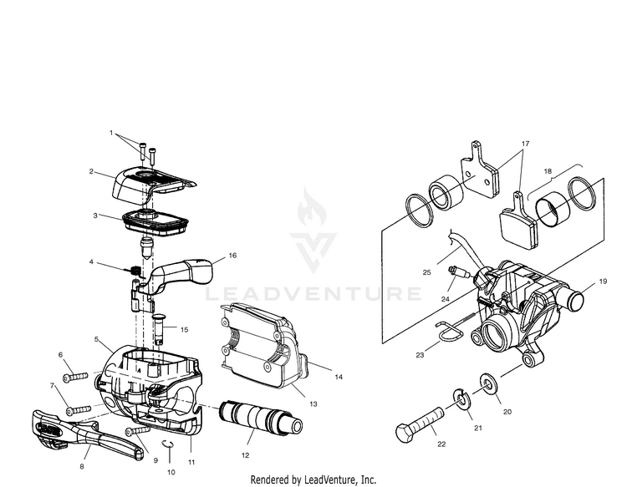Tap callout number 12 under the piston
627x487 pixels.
tap(245, 455)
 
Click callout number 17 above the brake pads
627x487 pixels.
tap(525, 145)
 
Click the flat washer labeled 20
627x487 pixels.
tap(486, 385)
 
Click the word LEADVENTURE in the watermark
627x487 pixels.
tap(313, 293)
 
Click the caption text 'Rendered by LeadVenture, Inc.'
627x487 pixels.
tap(313, 480)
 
